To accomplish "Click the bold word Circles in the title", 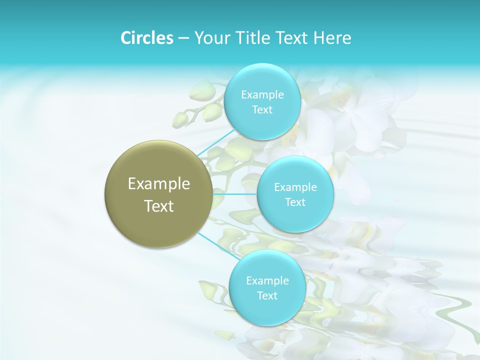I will pos(146,38).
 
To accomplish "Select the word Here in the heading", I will pos(333,38).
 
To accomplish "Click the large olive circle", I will pos(159,194).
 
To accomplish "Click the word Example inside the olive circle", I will pos(159,184).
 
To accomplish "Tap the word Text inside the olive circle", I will pos(159,206).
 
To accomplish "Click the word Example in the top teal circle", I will pos(262,95).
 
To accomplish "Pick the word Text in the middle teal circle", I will pos(295,202).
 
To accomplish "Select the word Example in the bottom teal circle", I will pos(267,281).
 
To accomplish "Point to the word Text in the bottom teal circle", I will pos(267,296).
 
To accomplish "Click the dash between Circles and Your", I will pos(183,38).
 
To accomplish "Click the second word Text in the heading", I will pos(293,38).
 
